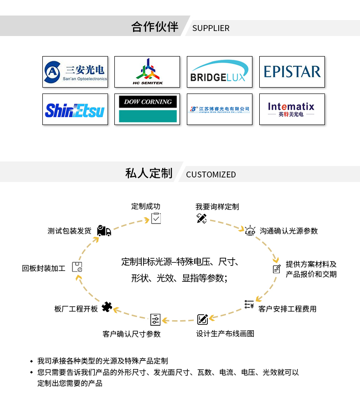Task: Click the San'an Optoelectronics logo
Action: coord(75,72)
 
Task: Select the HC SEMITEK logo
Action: coord(147,72)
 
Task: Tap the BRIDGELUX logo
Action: coord(220,72)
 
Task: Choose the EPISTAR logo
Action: coord(292,72)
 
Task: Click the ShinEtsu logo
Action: coord(75,109)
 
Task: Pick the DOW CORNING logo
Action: coord(147,109)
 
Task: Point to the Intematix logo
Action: coord(292,109)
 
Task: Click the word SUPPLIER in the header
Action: coord(211,28)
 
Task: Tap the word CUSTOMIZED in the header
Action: coord(211,175)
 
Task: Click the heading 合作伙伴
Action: coord(154,27)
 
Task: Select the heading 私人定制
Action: coord(149,173)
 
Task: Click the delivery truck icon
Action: coord(104,231)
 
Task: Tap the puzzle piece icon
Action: coord(107,307)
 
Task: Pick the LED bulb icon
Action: coord(250,230)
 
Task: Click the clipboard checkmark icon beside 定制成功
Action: coord(156,218)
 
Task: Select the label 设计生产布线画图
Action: coord(225,334)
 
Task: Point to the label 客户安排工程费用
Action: coord(287,309)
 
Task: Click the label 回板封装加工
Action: coord(44,268)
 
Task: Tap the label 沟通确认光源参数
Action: coord(289,231)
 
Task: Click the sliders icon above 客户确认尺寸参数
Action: coord(155,319)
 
